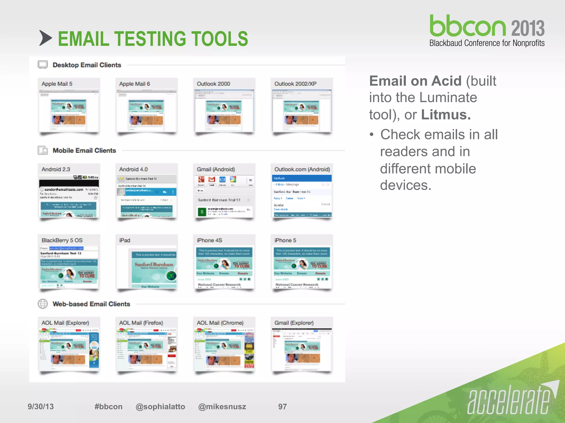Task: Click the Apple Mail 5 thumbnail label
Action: click(x=57, y=84)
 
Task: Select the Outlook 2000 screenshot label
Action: click(x=213, y=84)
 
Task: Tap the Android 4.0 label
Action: click(x=133, y=169)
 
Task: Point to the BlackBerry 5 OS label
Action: click(x=62, y=240)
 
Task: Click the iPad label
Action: click(x=125, y=240)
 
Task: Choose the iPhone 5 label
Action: click(x=285, y=240)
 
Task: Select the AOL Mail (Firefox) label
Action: click(x=141, y=323)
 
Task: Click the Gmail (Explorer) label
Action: click(x=294, y=323)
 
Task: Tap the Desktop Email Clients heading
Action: click(x=87, y=65)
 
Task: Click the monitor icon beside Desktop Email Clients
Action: click(x=43, y=65)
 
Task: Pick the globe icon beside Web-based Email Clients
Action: click(x=43, y=304)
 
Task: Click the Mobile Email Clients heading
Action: click(x=84, y=150)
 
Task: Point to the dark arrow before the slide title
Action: click(x=45, y=38)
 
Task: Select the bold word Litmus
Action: click(x=446, y=115)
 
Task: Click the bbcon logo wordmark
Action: click(x=468, y=26)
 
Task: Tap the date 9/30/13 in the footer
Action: click(x=41, y=406)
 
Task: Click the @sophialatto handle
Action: click(x=160, y=406)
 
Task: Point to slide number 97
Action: click(x=282, y=406)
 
